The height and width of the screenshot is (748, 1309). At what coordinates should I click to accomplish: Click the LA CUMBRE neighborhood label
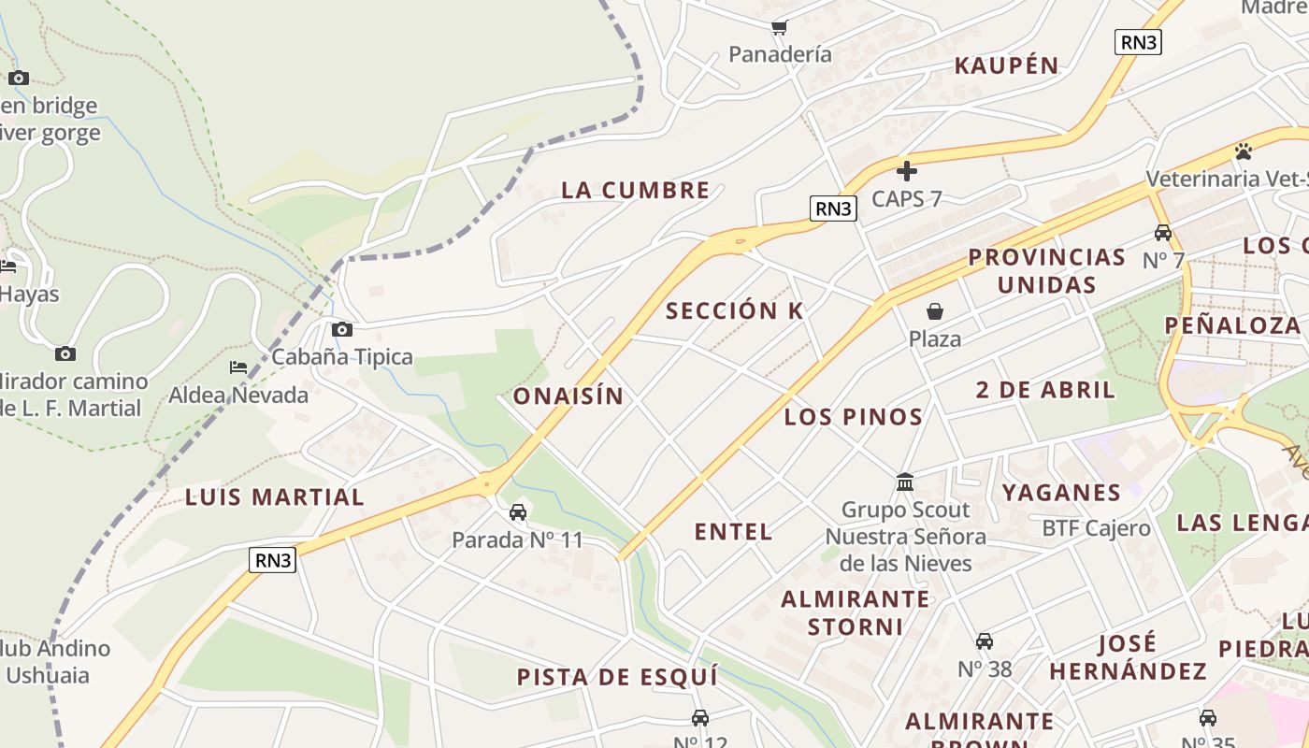pyautogui.click(x=636, y=190)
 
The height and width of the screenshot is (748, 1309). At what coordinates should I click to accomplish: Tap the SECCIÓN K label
pyautogui.click(x=734, y=311)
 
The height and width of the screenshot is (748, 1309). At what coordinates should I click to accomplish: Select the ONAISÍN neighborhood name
pyautogui.click(x=568, y=396)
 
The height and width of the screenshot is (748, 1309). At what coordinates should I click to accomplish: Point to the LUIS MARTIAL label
pyautogui.click(x=274, y=496)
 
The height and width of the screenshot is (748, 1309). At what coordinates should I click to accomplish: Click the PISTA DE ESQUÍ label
pyautogui.click(x=617, y=676)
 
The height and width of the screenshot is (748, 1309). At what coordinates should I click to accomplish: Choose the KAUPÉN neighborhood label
pyautogui.click(x=1006, y=65)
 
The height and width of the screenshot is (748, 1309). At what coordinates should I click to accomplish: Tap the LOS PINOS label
pyautogui.click(x=853, y=417)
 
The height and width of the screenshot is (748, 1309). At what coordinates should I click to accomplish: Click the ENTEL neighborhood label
pyautogui.click(x=733, y=532)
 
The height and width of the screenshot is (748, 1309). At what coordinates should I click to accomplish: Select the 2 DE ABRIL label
pyautogui.click(x=1045, y=390)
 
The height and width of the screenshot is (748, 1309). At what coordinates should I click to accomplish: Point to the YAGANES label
pyautogui.click(x=1061, y=492)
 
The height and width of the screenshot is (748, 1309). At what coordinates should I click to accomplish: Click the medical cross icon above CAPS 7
pyautogui.click(x=906, y=171)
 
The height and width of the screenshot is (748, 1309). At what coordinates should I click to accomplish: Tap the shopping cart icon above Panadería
pyautogui.click(x=779, y=27)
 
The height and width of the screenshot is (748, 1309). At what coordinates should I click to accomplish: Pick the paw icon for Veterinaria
pyautogui.click(x=1243, y=151)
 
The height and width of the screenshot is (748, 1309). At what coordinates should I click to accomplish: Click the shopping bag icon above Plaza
pyautogui.click(x=934, y=311)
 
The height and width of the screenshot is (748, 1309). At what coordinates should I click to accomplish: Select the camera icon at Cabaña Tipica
pyautogui.click(x=342, y=329)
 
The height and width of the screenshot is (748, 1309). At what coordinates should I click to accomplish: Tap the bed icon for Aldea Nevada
pyautogui.click(x=238, y=367)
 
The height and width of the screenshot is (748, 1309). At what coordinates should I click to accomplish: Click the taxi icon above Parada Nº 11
pyautogui.click(x=517, y=511)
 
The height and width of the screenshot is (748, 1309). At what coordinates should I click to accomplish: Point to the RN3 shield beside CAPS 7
pyautogui.click(x=832, y=209)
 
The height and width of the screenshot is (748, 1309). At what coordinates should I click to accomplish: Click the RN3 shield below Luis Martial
pyautogui.click(x=273, y=560)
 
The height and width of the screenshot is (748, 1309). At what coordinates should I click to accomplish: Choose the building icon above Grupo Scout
pyautogui.click(x=904, y=482)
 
